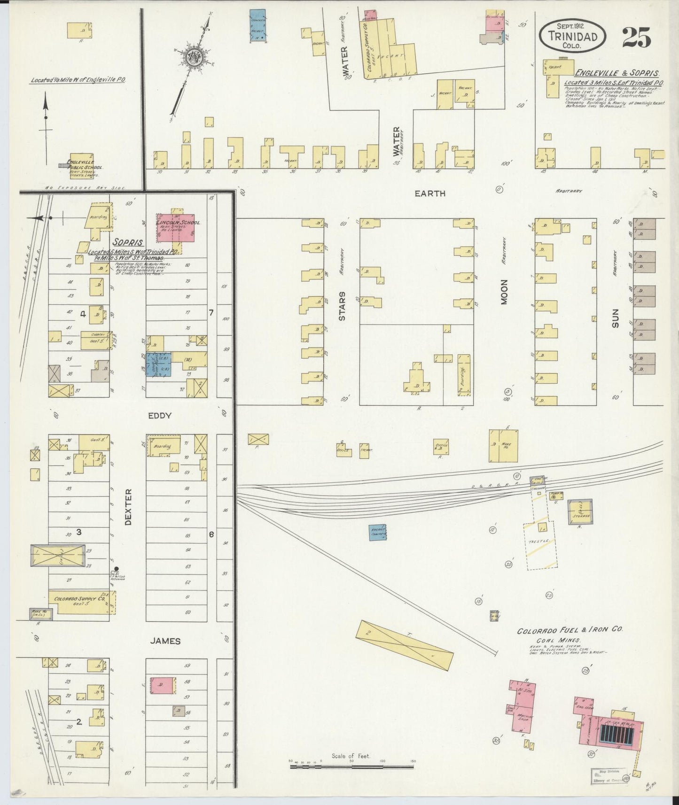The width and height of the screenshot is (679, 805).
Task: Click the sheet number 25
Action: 636,37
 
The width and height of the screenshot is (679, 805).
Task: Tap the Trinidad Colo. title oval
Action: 572,36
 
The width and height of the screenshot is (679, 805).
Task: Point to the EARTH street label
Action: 429,193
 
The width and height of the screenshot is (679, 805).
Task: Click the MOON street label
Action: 504,292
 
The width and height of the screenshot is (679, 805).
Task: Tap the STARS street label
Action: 342,306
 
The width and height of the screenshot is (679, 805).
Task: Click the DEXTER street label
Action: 128,507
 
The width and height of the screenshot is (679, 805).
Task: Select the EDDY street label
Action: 159,416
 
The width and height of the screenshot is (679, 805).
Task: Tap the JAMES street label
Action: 165,641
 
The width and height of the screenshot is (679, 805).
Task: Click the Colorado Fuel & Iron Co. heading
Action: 570,631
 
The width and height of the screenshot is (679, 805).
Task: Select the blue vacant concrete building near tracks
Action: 377,532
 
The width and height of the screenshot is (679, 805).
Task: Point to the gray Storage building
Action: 580,511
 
